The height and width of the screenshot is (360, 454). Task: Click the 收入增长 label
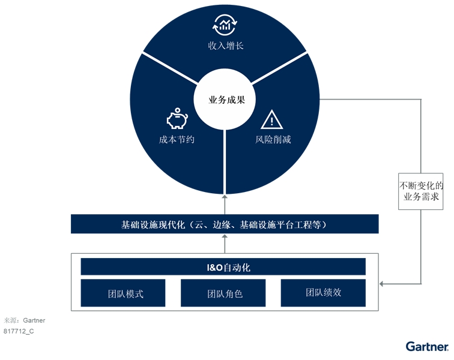pyautogui.click(x=226, y=46)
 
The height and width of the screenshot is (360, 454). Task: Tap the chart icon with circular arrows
pyautogui.click(x=225, y=25)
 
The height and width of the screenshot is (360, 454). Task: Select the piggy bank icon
pyautogui.click(x=177, y=118)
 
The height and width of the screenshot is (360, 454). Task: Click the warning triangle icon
pyautogui.click(x=271, y=119)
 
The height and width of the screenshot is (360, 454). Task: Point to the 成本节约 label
pyautogui.click(x=177, y=140)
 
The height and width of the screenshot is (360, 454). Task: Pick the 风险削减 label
pyautogui.click(x=273, y=140)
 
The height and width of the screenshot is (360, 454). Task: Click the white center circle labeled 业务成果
pyautogui.click(x=225, y=100)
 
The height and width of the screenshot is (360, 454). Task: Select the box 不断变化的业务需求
pyautogui.click(x=421, y=191)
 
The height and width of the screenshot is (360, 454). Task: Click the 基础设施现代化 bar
pyautogui.click(x=225, y=224)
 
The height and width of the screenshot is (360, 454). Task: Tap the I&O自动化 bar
pyautogui.click(x=223, y=267)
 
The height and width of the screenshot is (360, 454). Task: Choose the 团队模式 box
pyautogui.click(x=123, y=293)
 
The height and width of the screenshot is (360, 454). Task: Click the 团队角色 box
pyautogui.click(x=223, y=293)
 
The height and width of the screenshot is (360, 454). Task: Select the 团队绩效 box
pyautogui.click(x=323, y=293)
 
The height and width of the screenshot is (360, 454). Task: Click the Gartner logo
pyautogui.click(x=427, y=346)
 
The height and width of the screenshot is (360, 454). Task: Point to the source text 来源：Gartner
pyautogui.click(x=24, y=320)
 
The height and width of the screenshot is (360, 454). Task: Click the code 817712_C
pyautogui.click(x=19, y=331)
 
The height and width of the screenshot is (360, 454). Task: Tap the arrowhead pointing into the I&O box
pyautogui.click(x=381, y=284)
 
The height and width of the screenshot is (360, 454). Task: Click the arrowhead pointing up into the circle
pyautogui.click(x=225, y=197)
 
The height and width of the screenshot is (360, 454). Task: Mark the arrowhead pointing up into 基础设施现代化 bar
pyautogui.click(x=225, y=236)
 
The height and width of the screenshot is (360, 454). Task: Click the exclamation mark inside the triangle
pyautogui.click(x=271, y=121)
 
